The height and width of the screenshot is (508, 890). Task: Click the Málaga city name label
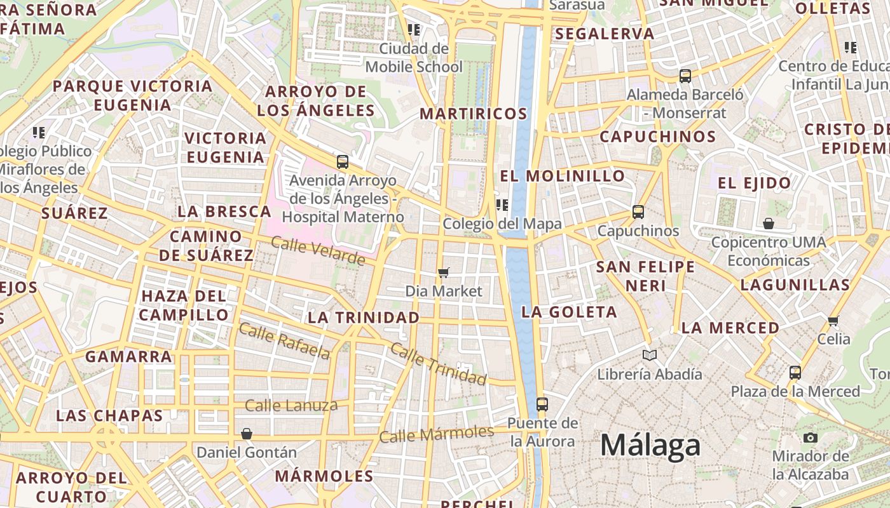click(x=650, y=445)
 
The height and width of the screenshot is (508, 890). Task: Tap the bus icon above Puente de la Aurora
click(x=542, y=404)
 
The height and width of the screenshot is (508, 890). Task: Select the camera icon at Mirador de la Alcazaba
click(x=810, y=438)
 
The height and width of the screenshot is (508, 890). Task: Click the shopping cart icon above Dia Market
click(x=444, y=272)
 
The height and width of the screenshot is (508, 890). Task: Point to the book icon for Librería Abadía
click(x=649, y=355)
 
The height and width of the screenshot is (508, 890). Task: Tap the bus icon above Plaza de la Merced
click(x=795, y=372)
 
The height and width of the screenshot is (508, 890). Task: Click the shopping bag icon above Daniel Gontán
click(x=247, y=434)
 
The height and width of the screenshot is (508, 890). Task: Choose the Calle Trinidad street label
click(x=438, y=364)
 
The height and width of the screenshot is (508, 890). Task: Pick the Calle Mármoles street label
click(x=436, y=434)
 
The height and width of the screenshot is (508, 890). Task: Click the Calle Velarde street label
click(x=318, y=250)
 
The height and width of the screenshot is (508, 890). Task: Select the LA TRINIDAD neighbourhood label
click(x=364, y=317)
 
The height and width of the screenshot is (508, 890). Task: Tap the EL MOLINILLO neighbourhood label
click(x=563, y=176)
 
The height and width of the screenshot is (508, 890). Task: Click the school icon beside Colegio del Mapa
click(x=502, y=204)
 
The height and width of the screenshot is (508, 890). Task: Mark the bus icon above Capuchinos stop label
click(x=638, y=211)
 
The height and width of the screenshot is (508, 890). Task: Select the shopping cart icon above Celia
click(x=833, y=321)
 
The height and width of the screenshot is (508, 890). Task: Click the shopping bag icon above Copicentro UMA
click(x=769, y=224)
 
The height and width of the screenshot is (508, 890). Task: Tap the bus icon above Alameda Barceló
click(x=685, y=76)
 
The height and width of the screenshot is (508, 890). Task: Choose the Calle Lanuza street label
click(x=291, y=405)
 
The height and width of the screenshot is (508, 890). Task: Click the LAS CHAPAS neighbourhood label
click(x=109, y=416)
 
